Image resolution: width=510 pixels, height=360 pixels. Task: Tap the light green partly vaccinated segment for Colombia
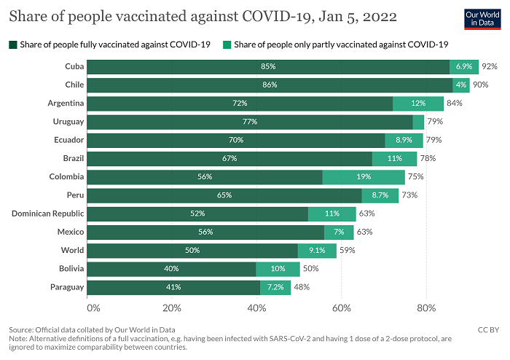(x=364, y=177)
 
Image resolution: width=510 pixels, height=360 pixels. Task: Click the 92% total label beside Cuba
(x=489, y=66)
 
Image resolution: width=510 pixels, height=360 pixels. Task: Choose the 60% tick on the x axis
(x=341, y=308)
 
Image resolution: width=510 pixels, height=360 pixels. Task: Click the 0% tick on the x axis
(x=93, y=308)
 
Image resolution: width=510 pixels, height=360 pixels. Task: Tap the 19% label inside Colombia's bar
(x=364, y=177)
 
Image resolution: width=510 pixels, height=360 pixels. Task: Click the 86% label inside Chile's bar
(x=269, y=85)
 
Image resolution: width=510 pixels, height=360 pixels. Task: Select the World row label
(x=72, y=251)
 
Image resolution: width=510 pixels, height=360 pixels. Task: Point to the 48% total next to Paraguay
(x=302, y=287)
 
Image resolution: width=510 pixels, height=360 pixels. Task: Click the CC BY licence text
(x=487, y=330)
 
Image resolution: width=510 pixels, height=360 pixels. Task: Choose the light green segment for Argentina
(x=418, y=103)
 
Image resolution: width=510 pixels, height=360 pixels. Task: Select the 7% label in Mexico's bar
(x=339, y=232)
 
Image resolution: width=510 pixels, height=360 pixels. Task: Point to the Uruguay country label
(x=68, y=121)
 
